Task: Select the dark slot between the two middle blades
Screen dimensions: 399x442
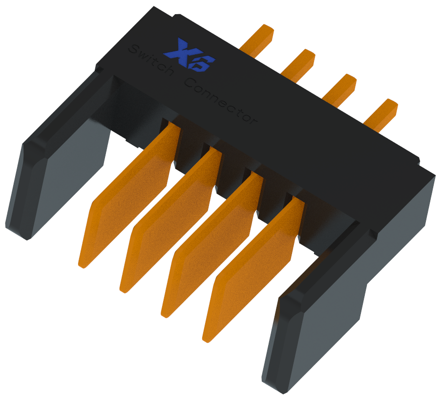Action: (x=230, y=178)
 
